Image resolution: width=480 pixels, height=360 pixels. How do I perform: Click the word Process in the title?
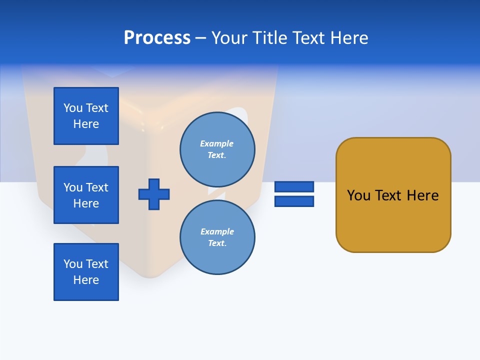click(157, 37)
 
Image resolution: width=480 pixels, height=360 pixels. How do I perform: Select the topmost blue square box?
click(86, 116)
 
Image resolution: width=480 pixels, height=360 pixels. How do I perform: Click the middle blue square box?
click(86, 195)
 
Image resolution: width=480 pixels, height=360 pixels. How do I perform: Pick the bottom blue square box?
click(86, 272)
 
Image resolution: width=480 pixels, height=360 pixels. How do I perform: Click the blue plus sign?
click(154, 194)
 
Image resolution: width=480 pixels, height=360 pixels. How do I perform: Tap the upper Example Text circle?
click(217, 149)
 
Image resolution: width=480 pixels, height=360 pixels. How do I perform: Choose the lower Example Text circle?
click(217, 237)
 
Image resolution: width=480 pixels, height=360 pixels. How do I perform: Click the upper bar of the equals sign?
click(294, 187)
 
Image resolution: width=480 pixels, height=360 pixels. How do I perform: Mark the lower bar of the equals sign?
click(294, 201)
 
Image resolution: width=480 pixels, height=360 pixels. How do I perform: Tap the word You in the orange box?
click(359, 195)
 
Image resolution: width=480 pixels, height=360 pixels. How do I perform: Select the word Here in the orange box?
click(422, 195)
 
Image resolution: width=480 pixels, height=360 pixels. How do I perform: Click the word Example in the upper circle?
click(217, 143)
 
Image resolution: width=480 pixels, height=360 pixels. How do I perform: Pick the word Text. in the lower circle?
click(217, 243)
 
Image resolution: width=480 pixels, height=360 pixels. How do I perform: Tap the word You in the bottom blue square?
click(73, 264)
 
